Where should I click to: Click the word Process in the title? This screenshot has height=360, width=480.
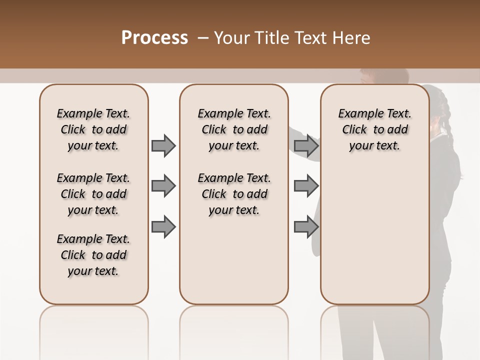coord(154,38)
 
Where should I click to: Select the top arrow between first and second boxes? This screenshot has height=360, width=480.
coord(163,145)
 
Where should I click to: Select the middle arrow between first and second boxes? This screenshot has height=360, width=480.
coord(163,186)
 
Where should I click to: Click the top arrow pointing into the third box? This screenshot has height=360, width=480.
coord(306,145)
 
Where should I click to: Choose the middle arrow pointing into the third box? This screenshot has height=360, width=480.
coord(306,186)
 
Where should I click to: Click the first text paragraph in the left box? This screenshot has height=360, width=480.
coord(93,129)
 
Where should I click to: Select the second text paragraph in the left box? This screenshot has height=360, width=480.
coord(93,194)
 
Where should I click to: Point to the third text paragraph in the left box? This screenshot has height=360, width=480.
coord(93,255)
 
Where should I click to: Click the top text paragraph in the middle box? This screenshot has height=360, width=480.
coord(234,129)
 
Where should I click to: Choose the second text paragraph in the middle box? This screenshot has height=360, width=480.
coord(234,194)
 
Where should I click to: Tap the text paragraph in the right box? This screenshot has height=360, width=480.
coord(374,129)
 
